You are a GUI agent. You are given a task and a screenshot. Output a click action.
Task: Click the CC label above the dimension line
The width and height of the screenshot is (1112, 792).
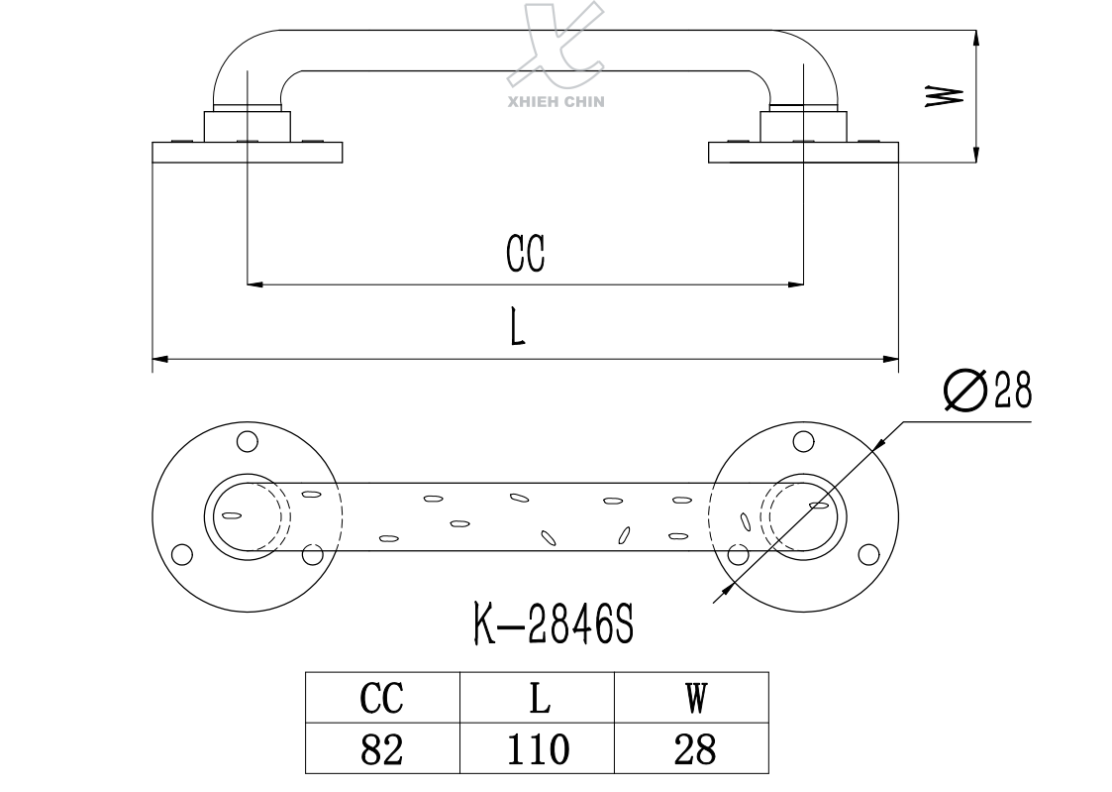526,254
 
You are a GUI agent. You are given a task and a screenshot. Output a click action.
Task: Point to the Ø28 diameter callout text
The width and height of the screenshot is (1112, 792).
988,392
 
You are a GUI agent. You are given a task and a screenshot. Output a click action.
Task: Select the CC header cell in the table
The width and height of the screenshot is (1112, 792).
382,699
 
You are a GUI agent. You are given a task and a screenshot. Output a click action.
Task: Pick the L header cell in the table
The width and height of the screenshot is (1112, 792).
538,699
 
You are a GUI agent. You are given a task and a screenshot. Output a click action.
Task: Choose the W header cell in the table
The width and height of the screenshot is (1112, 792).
693,699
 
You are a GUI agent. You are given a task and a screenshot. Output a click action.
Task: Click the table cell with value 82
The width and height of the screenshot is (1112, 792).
382,748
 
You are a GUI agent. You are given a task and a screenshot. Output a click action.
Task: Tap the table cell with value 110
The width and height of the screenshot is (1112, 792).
538,748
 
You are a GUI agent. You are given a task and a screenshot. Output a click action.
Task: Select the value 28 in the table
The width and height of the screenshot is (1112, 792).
693,748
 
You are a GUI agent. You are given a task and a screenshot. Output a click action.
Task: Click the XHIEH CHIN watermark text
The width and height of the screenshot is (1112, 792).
556,100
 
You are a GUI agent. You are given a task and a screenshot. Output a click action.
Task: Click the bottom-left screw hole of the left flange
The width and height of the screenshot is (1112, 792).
180,554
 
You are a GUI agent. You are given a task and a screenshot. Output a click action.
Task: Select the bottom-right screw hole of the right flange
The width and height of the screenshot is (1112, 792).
867,554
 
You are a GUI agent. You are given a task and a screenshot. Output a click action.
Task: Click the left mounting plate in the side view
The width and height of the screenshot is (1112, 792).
247,153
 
